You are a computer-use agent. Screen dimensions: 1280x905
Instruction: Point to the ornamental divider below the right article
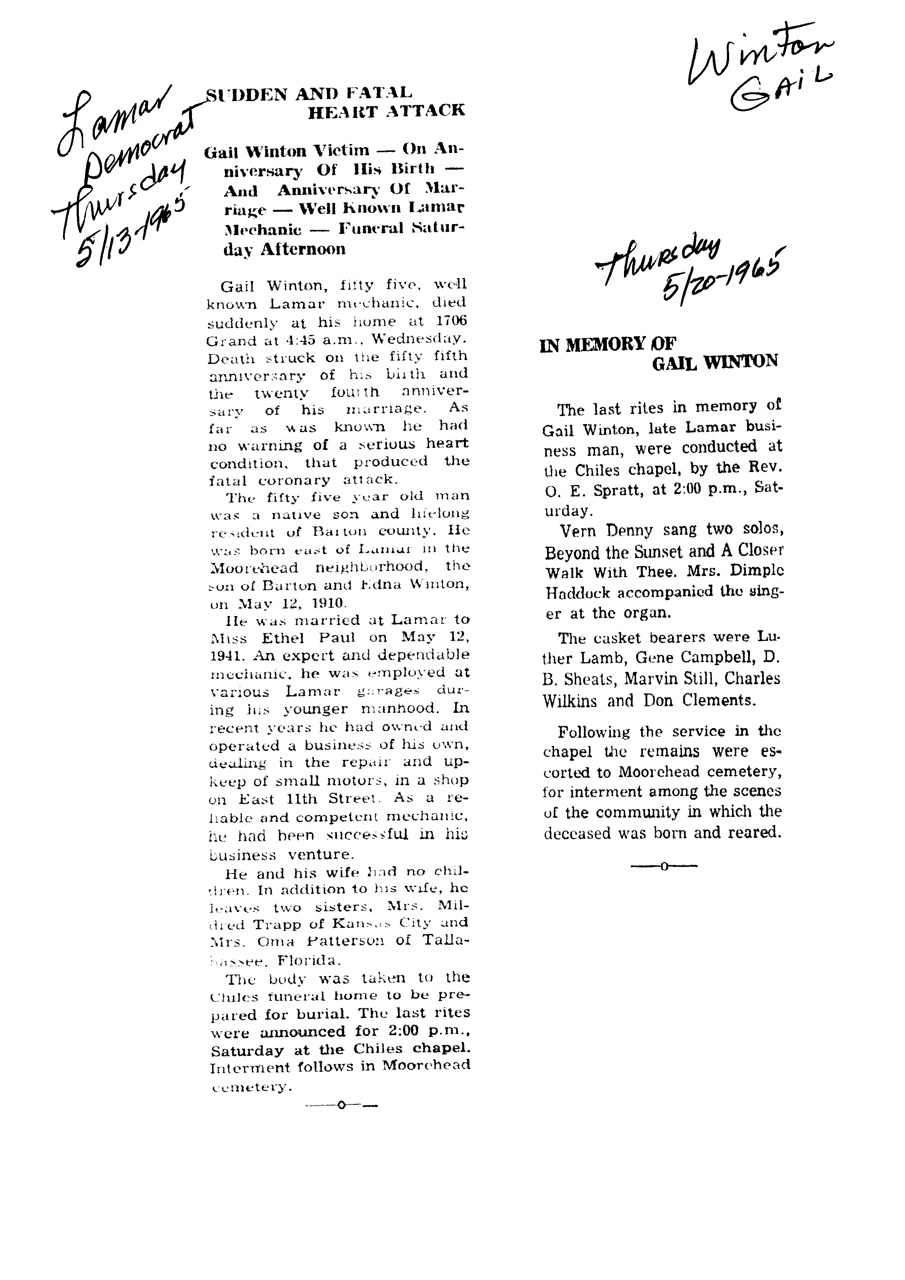tap(664, 866)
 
